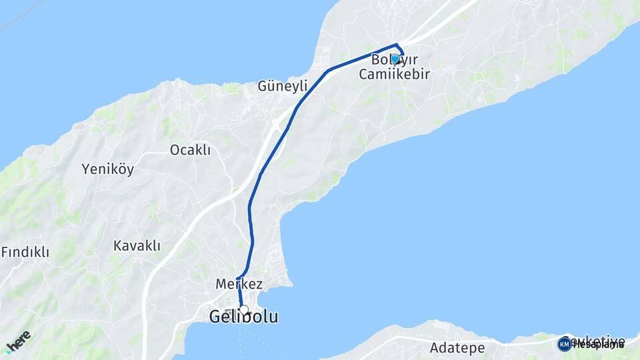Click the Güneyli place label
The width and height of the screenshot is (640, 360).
coord(283,86)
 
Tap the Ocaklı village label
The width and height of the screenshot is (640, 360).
coord(190,150)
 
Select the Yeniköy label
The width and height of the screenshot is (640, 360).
coord(107,169)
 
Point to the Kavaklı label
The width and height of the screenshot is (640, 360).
coord(137,246)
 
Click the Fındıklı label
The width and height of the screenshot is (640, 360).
coord(25,252)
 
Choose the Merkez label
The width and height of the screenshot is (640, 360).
coord(239,284)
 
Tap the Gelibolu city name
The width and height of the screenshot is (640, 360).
coord(243,317)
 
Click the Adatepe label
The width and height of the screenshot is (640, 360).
coord(457,348)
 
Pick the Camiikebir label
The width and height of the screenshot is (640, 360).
coord(394,74)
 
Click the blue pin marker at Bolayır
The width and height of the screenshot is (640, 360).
coord(395,59)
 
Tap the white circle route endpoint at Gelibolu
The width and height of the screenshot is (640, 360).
coord(244,310)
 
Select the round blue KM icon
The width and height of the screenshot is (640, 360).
coord(564,344)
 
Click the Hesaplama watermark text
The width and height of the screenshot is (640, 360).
coord(597,345)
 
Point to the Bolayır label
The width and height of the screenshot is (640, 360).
coord(394,59)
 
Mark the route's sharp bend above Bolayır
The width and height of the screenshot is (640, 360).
coord(398,45)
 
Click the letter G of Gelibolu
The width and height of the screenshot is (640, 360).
coord(216,317)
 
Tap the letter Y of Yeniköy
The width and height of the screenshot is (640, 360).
coord(85,169)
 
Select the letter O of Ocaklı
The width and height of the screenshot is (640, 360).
coord(175,150)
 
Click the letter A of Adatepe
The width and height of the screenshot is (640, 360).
coord(435,348)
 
